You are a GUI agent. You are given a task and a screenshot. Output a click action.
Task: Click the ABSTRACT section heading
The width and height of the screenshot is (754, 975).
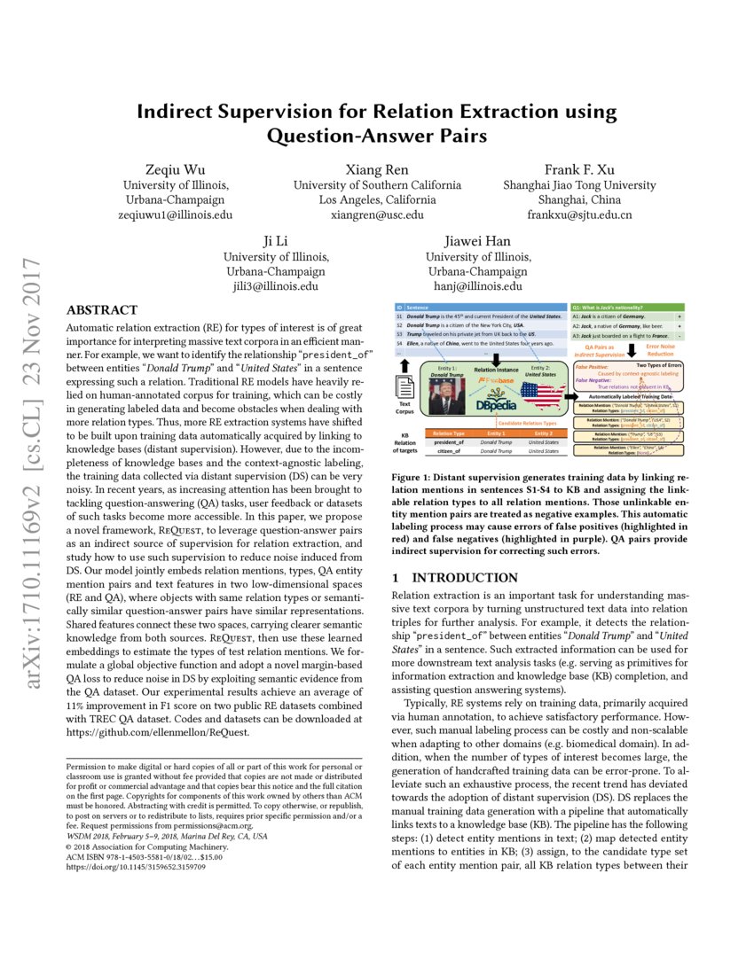tap(102, 310)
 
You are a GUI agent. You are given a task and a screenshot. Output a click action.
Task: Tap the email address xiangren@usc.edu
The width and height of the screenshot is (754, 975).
tap(377, 214)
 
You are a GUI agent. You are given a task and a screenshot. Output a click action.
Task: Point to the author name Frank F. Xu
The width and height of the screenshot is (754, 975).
tap(579, 169)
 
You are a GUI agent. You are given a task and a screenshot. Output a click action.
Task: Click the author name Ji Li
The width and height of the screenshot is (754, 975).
tap(276, 241)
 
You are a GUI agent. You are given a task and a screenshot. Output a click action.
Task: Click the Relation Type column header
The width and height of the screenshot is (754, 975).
tap(447, 433)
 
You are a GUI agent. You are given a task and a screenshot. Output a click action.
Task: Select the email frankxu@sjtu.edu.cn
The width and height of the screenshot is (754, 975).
tap(579, 214)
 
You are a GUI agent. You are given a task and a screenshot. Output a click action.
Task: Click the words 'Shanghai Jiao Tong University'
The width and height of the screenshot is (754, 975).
tap(579, 185)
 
